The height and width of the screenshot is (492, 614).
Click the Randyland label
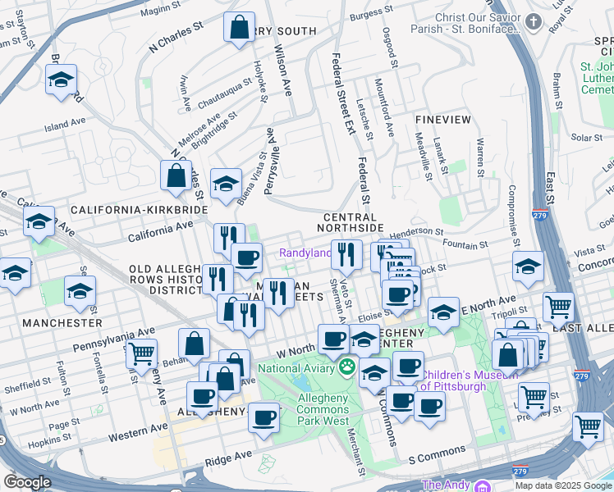(305, 253)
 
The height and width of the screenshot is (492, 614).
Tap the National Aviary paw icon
(348, 367)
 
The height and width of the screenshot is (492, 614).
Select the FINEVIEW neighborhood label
(443, 120)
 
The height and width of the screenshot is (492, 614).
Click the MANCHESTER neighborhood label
(62, 323)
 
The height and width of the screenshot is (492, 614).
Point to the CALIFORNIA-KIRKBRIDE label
(139, 211)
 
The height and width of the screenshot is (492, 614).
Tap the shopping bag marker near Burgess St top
(239, 28)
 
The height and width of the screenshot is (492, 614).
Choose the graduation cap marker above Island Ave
(61, 80)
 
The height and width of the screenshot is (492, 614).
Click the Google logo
(27, 482)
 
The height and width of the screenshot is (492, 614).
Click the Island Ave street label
(66, 125)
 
